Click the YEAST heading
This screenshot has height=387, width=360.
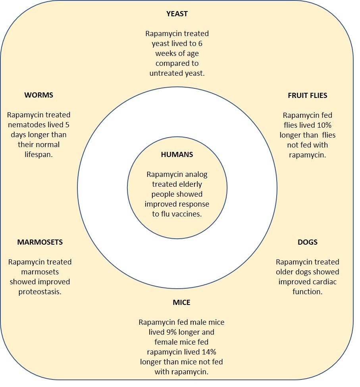(x=177, y=13)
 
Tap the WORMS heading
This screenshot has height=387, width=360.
(x=39, y=95)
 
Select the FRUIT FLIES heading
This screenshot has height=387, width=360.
(x=307, y=96)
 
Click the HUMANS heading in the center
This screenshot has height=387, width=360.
(x=177, y=155)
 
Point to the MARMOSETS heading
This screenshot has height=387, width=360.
(x=40, y=242)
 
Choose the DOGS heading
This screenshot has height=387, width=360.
(x=307, y=242)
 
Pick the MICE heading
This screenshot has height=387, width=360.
(x=182, y=303)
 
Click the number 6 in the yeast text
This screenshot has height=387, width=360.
(x=200, y=44)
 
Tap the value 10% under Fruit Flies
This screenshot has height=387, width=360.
(x=324, y=125)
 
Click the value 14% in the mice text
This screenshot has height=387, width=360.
(x=209, y=352)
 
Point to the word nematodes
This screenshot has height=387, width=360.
(x=27, y=125)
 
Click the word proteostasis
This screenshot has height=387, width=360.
(x=40, y=292)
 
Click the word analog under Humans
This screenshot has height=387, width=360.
(x=196, y=174)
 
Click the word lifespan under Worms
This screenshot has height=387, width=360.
(x=39, y=155)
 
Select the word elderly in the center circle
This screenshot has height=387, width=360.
(x=190, y=184)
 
